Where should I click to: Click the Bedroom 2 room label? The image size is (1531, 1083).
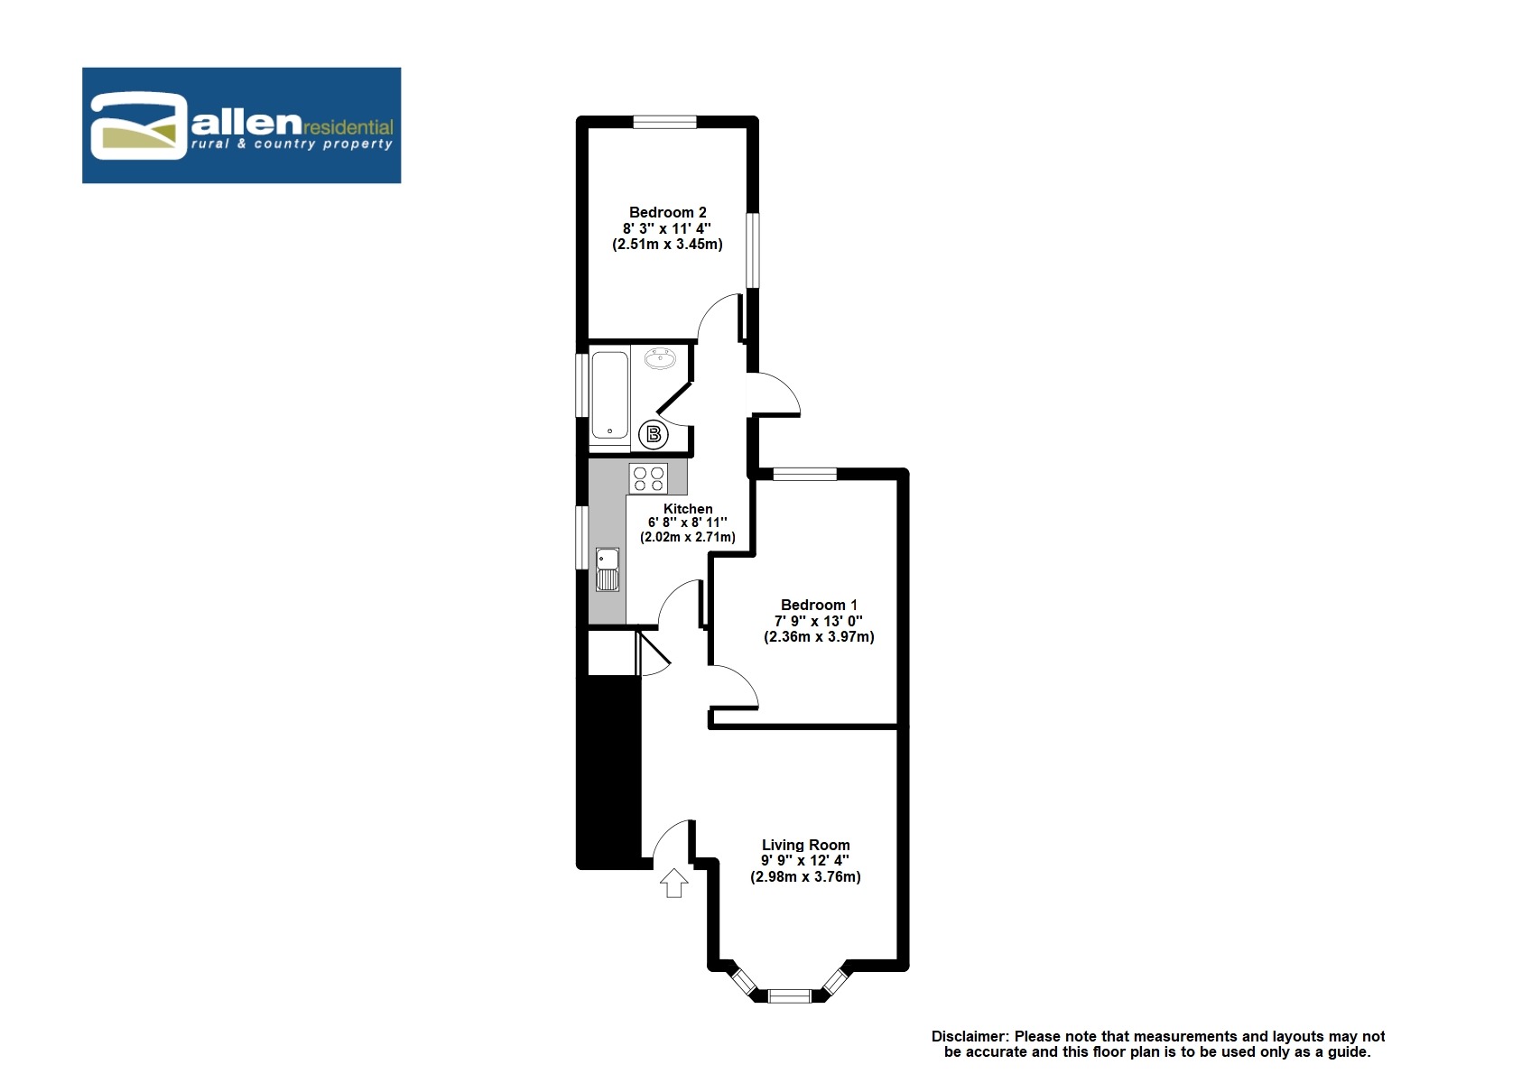click(x=667, y=213)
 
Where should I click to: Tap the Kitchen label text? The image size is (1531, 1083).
click(x=688, y=509)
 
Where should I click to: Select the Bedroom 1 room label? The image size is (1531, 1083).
click(x=819, y=606)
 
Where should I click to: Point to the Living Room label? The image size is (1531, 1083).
click(x=805, y=846)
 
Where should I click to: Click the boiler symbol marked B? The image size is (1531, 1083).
click(x=654, y=435)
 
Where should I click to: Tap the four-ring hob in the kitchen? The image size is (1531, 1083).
click(x=648, y=478)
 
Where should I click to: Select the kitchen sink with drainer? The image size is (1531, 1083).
click(x=608, y=569)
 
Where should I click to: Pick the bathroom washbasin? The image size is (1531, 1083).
click(x=661, y=359)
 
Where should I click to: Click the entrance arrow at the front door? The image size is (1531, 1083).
click(x=674, y=883)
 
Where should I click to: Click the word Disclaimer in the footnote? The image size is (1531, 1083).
click(x=970, y=1037)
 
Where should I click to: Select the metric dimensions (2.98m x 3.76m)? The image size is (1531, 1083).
click(x=805, y=877)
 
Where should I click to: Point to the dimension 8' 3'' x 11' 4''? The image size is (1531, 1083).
click(x=667, y=229)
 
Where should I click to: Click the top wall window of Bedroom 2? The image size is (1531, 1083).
click(x=664, y=122)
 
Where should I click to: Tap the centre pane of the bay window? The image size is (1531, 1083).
click(x=789, y=996)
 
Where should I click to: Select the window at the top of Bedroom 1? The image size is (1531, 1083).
click(x=805, y=474)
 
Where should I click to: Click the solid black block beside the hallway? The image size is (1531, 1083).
click(x=609, y=772)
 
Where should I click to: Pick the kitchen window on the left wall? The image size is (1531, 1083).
click(x=582, y=537)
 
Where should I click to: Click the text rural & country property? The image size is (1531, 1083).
click(x=292, y=144)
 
